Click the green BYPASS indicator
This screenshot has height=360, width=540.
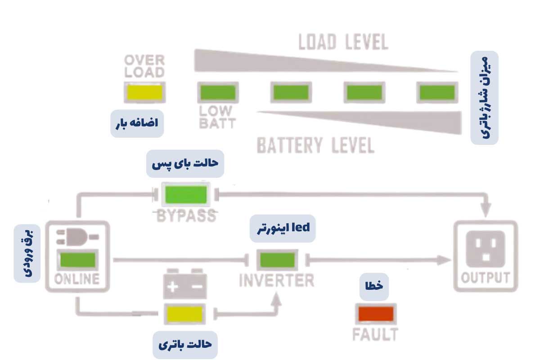click(186, 195)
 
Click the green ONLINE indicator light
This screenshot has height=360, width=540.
click(78, 260)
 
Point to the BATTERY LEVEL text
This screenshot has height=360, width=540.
click(315, 146)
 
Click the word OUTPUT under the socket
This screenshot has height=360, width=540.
click(486, 278)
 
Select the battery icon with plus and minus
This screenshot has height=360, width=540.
click(185, 284)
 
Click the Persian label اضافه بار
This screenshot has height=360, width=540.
click(137, 123)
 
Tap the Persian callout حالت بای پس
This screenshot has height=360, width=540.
click(185, 163)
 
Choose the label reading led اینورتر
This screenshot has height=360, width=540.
click(283, 228)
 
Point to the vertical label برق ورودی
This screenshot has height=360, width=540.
click(27, 253)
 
